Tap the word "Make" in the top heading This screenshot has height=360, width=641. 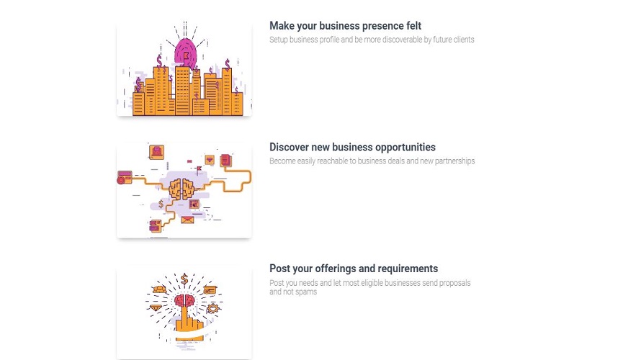(282, 26)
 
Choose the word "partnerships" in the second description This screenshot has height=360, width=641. (454, 161)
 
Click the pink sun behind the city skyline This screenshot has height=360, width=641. (186, 53)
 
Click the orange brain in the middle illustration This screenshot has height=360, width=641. (181, 189)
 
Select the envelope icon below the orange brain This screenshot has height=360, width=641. (187, 220)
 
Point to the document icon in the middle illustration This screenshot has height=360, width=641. (225, 160)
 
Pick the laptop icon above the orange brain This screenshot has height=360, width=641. (156, 152)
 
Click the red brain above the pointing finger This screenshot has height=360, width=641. (184, 302)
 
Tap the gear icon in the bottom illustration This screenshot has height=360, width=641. (212, 308)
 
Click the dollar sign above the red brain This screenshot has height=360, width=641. (184, 279)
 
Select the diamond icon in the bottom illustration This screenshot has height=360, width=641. (156, 307)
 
